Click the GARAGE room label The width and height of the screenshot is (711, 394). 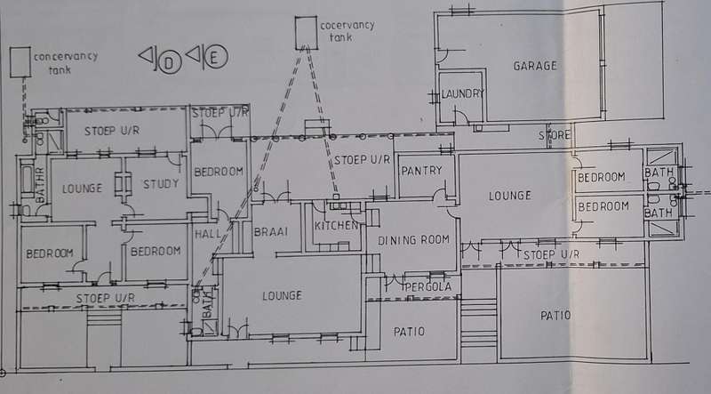534,66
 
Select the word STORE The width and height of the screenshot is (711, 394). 554,135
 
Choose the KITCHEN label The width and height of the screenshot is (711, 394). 336,225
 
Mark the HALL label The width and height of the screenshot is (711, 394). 206,234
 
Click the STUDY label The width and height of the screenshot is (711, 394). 161,185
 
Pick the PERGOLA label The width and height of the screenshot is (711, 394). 426,287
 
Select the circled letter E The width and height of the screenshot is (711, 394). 215,60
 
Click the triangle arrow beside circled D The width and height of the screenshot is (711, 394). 146,58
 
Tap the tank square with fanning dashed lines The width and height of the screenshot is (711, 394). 307,31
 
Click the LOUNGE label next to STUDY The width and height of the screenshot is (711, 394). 82,189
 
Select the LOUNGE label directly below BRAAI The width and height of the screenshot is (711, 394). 282,295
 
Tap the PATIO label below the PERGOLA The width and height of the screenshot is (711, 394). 409,332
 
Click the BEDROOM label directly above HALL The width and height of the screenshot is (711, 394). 218,171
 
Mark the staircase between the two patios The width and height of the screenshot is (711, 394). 478,324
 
